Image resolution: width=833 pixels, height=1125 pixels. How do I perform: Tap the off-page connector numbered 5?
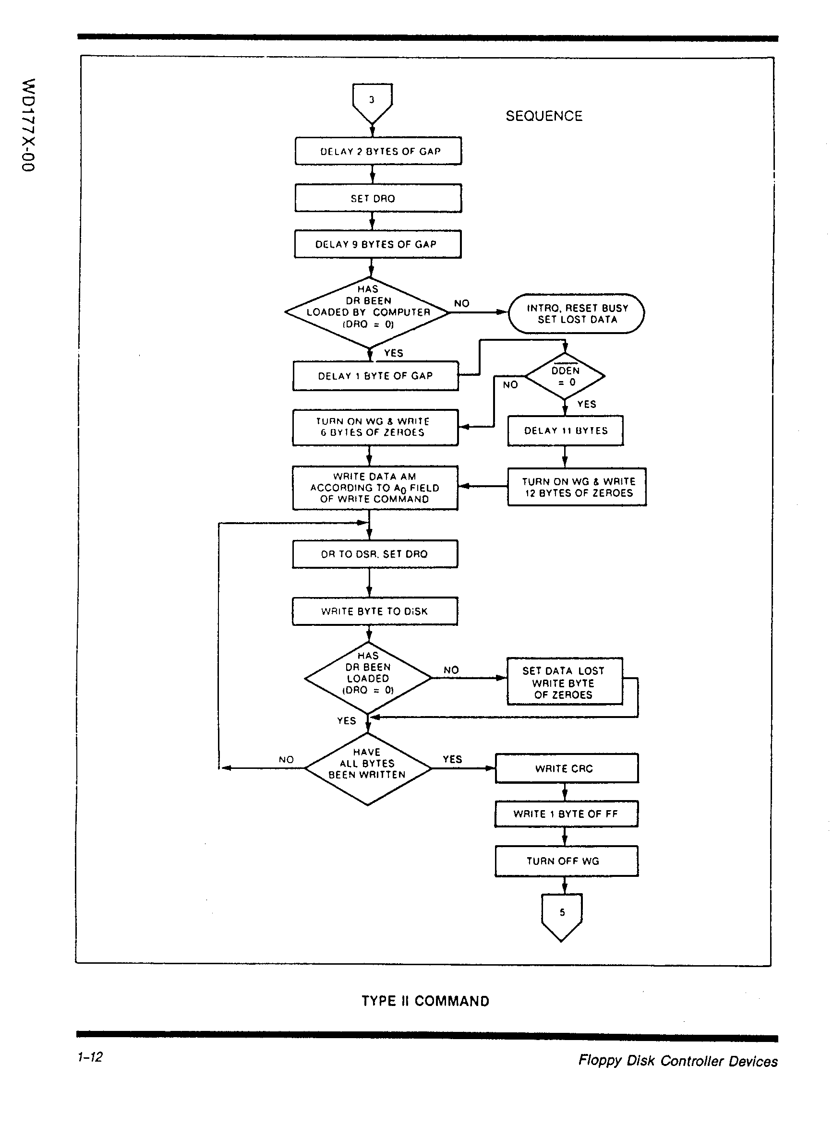[x=562, y=915]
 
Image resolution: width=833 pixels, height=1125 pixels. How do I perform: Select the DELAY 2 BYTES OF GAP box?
[x=378, y=151]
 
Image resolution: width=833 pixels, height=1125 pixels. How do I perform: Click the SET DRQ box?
[x=378, y=198]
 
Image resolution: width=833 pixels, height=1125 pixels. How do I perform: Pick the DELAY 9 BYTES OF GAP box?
[x=378, y=244]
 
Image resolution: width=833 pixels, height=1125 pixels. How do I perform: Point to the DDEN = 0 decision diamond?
[x=565, y=376]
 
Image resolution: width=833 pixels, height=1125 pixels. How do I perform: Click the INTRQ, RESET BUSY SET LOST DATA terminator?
[x=576, y=313]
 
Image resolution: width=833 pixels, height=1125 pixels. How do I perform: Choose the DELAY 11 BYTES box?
[x=565, y=431]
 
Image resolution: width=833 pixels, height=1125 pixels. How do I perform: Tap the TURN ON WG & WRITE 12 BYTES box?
[x=577, y=487]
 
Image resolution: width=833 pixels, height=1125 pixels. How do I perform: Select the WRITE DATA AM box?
[x=375, y=488]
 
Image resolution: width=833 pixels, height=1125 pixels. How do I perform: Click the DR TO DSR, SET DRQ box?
[x=375, y=554]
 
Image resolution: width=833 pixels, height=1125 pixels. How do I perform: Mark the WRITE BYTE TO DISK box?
[x=375, y=611]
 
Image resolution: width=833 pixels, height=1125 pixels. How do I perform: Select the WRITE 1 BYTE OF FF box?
[x=566, y=814]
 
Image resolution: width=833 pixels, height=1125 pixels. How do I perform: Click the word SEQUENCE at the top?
[x=544, y=117]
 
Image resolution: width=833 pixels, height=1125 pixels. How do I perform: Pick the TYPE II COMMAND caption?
[x=425, y=1001]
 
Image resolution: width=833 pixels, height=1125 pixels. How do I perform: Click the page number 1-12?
[x=90, y=1057]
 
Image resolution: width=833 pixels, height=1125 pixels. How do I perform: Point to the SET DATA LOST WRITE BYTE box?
[x=565, y=682]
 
